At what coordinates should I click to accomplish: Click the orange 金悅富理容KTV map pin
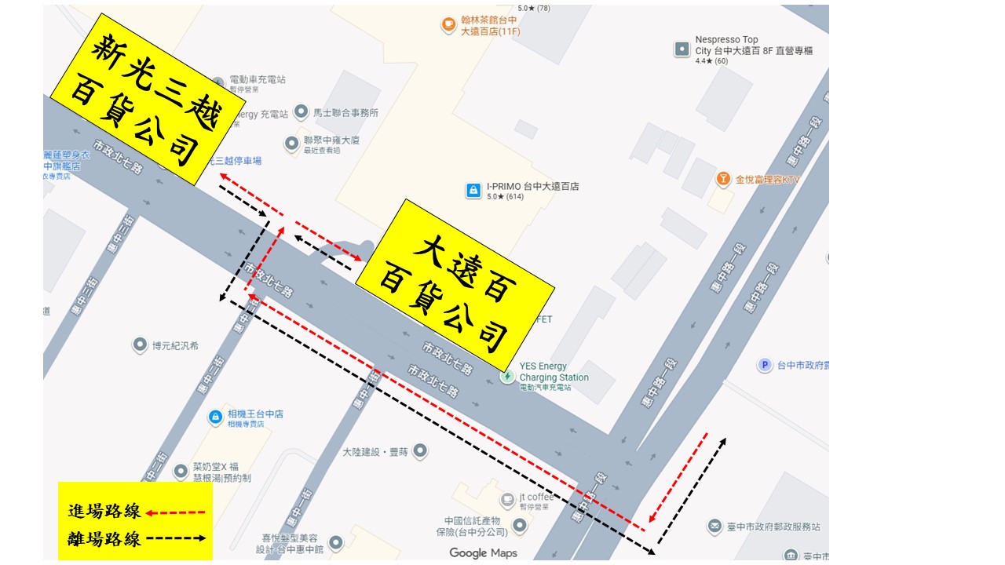click(723, 180)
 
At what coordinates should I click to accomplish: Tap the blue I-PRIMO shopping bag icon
click(473, 190)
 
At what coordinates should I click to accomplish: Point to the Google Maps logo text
click(483, 553)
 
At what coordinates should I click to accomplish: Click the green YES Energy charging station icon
click(508, 376)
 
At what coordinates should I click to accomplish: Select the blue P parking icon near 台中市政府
click(764, 365)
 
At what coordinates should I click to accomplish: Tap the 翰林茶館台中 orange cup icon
click(448, 25)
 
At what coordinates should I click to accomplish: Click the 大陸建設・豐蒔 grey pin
click(421, 451)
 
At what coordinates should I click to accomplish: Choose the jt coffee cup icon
click(507, 499)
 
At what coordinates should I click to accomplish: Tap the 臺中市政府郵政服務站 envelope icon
click(714, 527)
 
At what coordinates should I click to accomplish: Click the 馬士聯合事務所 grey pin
click(301, 112)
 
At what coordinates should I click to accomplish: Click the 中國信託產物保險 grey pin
click(520, 525)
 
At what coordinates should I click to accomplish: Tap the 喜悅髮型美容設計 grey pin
click(336, 542)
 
